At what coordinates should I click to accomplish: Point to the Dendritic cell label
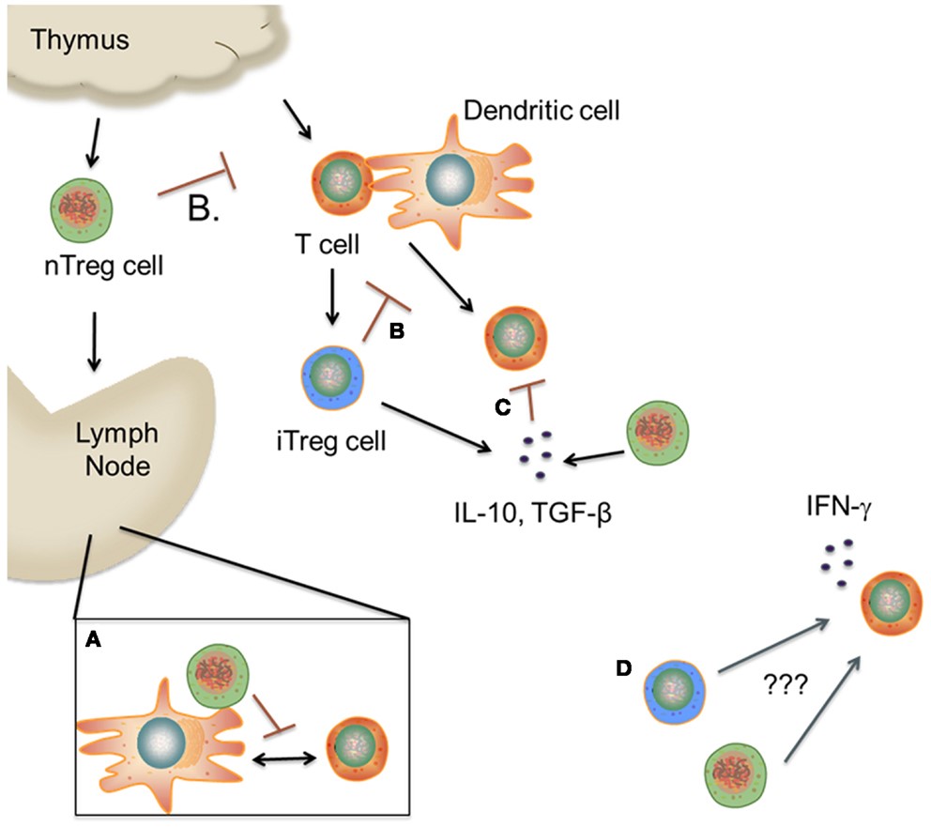[x=542, y=111]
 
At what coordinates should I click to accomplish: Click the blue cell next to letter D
[x=676, y=695]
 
